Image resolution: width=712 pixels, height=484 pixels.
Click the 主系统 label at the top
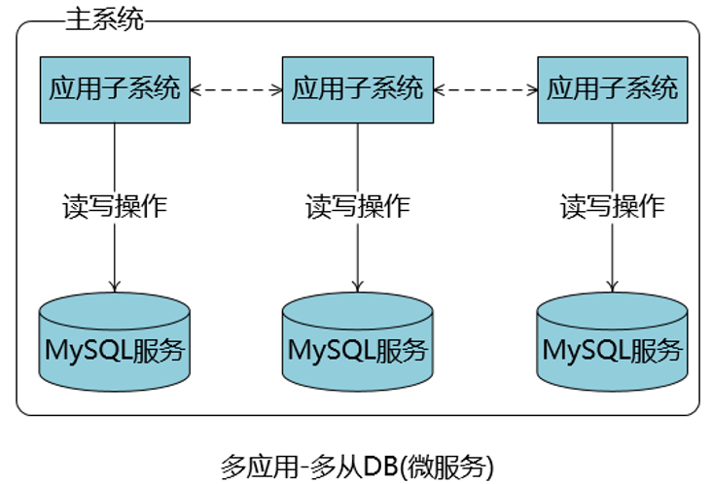(104, 20)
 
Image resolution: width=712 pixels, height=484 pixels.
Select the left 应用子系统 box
(115, 89)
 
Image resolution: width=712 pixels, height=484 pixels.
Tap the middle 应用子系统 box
(358, 89)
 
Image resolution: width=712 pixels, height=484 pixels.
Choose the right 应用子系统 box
(612, 89)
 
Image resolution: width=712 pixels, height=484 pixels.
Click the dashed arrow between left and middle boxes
(236, 89)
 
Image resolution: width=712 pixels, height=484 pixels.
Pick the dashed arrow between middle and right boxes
(485, 89)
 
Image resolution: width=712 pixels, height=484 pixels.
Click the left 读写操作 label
(115, 206)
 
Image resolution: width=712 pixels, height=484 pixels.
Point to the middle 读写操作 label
(358, 206)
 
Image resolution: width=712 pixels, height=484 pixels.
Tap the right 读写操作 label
(612, 206)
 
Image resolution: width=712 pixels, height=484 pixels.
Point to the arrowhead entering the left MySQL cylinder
(115, 285)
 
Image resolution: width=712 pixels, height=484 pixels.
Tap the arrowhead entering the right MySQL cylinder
(612, 287)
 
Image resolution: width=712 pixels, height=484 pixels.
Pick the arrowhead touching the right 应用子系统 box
(531, 89)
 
